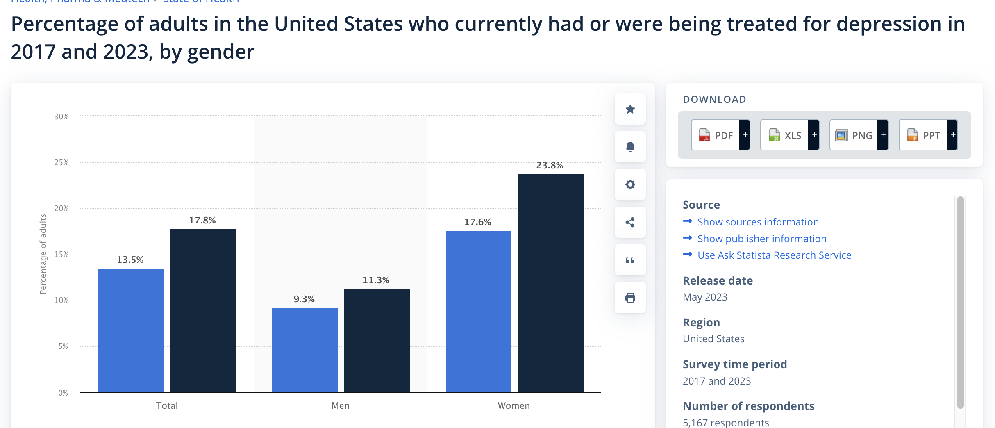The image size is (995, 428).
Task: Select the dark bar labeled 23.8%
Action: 550,283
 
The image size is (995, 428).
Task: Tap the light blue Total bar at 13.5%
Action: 131,330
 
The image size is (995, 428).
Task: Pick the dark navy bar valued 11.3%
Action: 377,340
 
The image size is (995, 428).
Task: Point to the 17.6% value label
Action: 477,222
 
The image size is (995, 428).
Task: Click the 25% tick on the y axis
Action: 61,162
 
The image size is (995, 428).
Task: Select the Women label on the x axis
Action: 513,405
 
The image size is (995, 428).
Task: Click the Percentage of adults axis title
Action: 43,254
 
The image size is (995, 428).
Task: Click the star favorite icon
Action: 630,109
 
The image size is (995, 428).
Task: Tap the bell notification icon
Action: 630,147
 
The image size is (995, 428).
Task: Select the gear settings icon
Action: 630,184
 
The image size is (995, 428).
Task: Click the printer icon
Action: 630,298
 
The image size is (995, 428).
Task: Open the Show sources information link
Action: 758,222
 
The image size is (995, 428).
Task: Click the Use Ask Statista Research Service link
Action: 774,255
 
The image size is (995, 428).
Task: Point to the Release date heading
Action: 718,280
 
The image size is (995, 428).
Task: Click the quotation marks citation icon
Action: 630,260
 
